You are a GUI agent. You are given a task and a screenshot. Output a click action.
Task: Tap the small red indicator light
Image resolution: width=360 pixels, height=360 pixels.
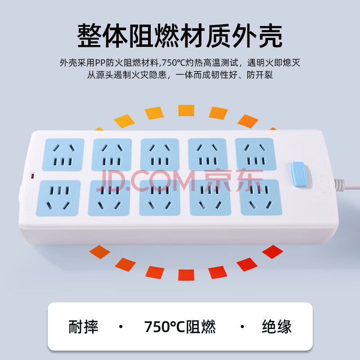click(32, 176)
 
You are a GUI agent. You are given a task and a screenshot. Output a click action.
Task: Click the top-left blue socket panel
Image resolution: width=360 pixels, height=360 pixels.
click(63, 154)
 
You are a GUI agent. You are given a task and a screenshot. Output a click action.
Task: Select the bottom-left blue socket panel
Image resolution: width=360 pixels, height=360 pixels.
click(58, 198)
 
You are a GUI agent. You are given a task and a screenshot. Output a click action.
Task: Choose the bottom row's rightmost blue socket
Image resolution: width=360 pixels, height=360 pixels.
click(261, 198)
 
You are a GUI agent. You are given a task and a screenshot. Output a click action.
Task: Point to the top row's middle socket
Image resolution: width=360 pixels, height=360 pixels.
click(160, 154)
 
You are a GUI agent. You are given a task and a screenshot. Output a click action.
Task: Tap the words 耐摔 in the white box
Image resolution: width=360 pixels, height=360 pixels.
click(83, 327)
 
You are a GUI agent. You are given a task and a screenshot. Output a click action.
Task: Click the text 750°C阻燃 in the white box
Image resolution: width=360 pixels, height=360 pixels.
click(180, 327)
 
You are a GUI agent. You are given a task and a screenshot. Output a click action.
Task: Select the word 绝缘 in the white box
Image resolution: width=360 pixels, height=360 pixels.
click(277, 327)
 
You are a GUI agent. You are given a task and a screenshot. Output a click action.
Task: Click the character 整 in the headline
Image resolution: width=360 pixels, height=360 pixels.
click(90, 36)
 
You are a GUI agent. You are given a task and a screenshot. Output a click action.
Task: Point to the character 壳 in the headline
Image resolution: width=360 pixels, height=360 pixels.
click(270, 36)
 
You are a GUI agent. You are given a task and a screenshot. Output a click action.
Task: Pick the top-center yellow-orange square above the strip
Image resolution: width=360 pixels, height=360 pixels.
click(186, 110)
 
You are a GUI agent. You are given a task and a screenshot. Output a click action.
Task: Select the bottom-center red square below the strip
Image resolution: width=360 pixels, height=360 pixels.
click(186, 275)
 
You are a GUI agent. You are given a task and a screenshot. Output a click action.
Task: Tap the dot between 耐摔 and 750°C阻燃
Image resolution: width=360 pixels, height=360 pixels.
click(121, 327)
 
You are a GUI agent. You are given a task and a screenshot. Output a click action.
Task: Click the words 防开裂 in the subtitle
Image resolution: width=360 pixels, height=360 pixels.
click(260, 75)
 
